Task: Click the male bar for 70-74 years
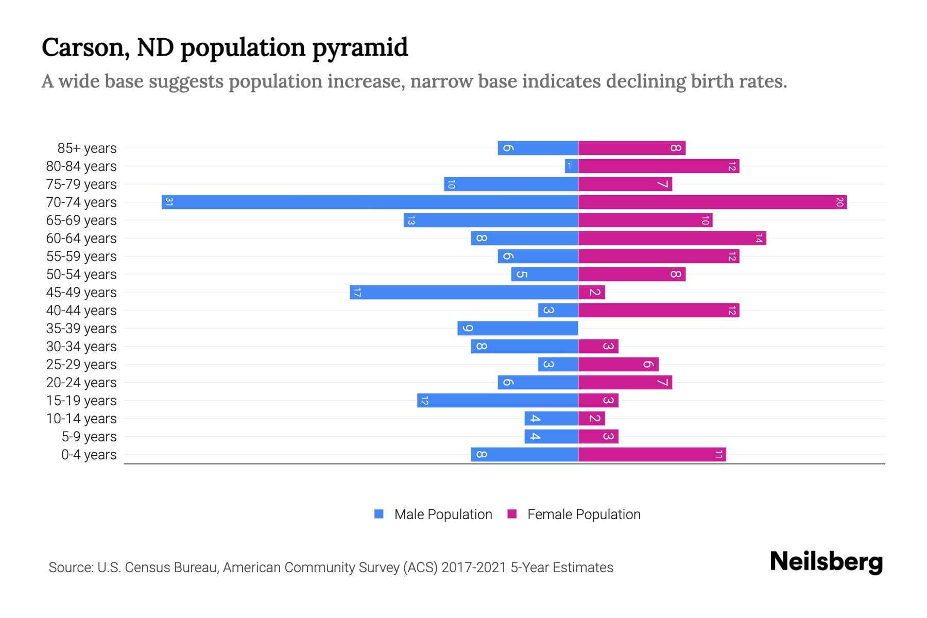click(370, 202)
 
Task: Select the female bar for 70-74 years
click(712, 202)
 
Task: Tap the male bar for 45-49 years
click(463, 292)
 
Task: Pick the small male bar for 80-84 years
click(571, 166)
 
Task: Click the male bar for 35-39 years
click(518, 328)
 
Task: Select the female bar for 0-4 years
click(651, 454)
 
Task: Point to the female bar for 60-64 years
click(672, 238)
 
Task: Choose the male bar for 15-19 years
click(497, 400)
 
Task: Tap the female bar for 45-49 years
click(591, 292)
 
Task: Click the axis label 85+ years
click(87, 148)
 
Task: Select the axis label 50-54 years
click(81, 274)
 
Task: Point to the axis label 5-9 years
click(89, 437)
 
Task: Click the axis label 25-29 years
click(81, 365)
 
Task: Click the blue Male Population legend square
click(379, 514)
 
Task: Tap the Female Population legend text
click(583, 514)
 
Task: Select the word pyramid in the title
click(360, 48)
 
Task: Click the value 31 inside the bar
click(169, 202)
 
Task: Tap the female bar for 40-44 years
click(658, 310)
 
